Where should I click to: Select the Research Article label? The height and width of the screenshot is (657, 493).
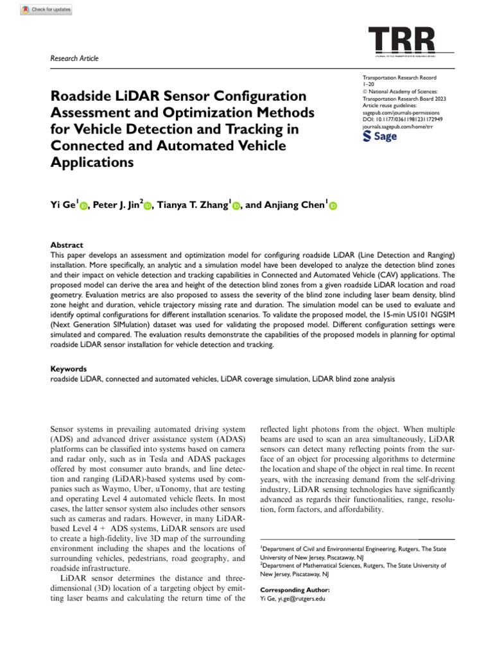click(x=74, y=59)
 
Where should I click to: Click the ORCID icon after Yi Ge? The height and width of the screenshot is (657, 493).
click(x=83, y=206)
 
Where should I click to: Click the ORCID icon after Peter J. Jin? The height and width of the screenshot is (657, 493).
click(x=147, y=206)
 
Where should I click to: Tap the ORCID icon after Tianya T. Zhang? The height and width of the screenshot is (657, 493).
click(x=236, y=206)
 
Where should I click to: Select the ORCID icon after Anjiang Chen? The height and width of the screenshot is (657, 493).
click(x=333, y=206)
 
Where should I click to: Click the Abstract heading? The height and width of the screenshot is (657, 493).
click(x=66, y=245)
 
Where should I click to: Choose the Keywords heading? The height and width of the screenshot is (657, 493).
click(x=68, y=370)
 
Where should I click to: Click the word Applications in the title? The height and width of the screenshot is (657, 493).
click(x=92, y=162)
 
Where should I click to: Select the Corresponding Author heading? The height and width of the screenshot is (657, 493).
click(x=295, y=589)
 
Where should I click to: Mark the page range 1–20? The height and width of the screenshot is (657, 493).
click(x=370, y=84)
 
